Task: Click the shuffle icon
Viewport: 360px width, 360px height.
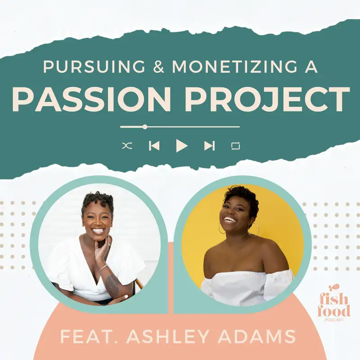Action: pos(127,146)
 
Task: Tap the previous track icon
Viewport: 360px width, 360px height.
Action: pos(154,146)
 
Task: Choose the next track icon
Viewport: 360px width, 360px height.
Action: pos(209,146)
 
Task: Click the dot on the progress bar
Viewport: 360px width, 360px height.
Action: pos(144,127)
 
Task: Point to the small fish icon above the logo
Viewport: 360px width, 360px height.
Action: pos(333,286)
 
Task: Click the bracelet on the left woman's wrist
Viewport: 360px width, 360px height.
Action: pos(103,269)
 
